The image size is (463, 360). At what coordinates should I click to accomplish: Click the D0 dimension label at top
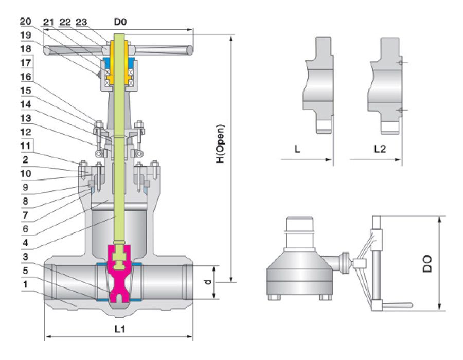coord(120,22)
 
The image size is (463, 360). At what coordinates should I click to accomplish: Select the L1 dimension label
coord(119,329)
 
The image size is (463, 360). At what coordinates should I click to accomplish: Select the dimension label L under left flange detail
coord(297,150)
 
